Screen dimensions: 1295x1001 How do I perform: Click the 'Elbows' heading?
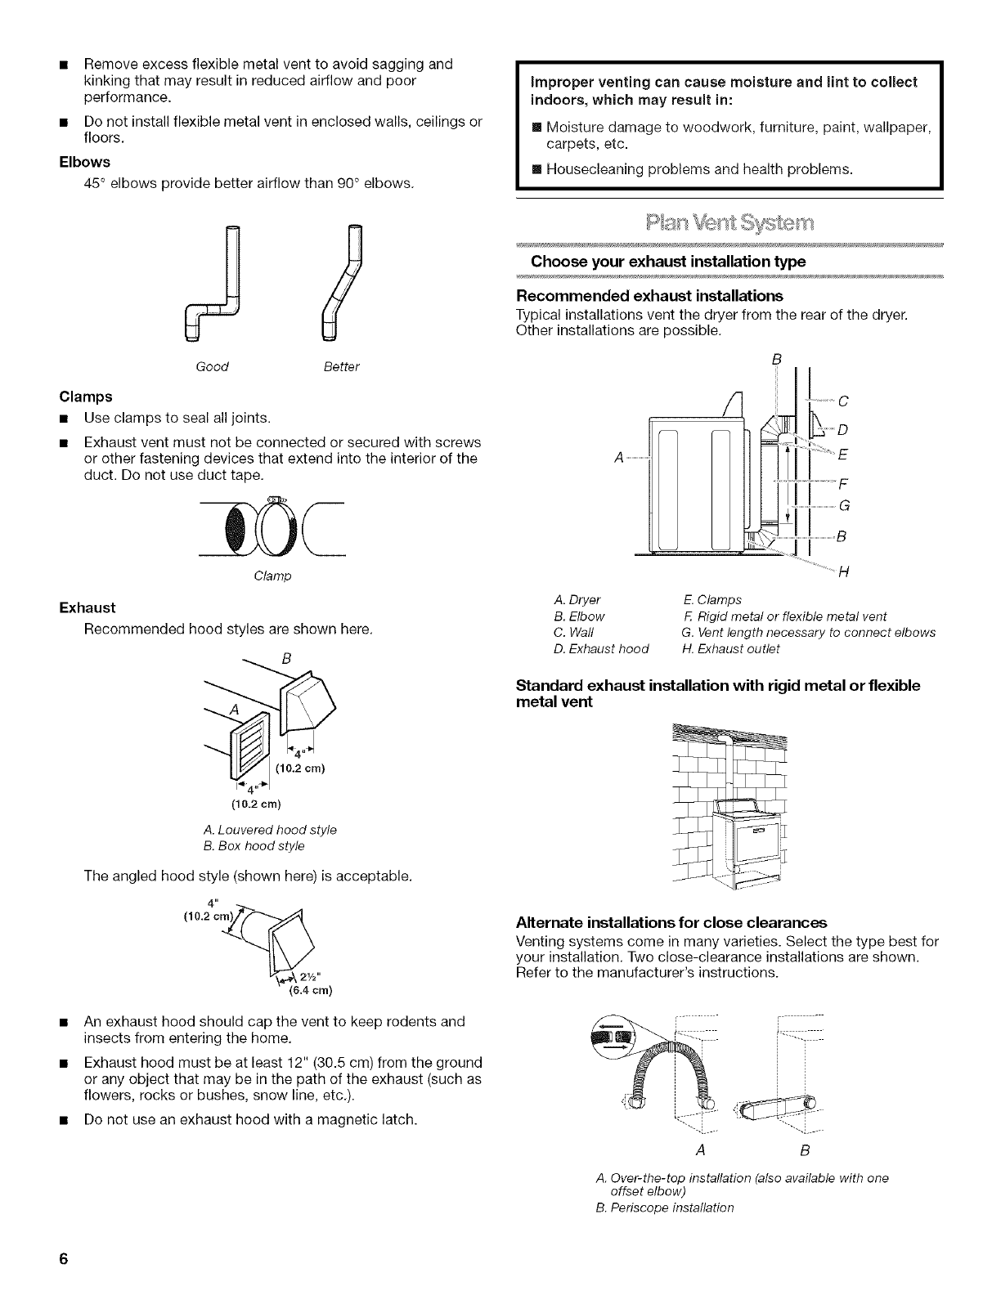click(x=84, y=162)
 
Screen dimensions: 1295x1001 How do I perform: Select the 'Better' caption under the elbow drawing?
click(x=341, y=366)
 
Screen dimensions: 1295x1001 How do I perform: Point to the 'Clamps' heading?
click(x=86, y=397)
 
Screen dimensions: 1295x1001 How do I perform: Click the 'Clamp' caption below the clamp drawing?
click(x=272, y=576)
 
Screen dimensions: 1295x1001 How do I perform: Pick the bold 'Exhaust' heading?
click(x=88, y=607)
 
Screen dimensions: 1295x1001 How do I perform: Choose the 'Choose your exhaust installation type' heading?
click(x=668, y=262)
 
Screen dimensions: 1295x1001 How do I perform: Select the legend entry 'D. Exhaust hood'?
click(x=601, y=649)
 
